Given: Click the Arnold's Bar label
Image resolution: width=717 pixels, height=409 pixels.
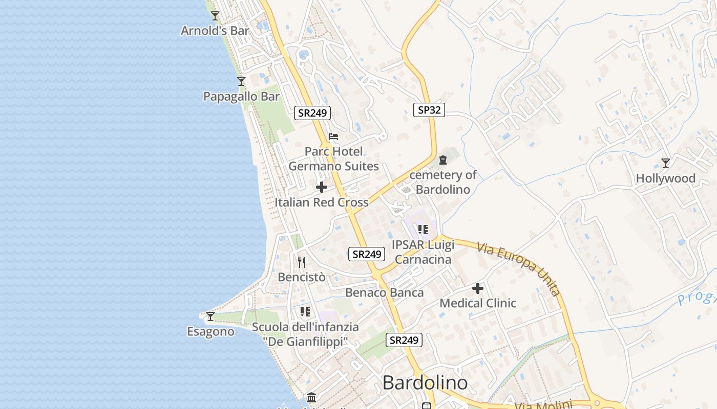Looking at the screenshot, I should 215,31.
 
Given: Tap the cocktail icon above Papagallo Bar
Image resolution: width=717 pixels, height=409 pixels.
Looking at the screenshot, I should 241,81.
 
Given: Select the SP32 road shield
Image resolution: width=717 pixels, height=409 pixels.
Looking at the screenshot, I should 429,109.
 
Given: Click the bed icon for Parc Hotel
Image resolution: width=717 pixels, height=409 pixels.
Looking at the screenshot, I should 333,137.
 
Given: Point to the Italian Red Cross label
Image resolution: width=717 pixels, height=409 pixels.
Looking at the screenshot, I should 322,202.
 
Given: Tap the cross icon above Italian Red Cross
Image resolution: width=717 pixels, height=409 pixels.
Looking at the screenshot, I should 322,187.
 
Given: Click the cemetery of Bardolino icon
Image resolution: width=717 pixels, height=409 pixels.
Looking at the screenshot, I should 443,160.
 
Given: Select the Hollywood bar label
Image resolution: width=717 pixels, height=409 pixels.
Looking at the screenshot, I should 665,178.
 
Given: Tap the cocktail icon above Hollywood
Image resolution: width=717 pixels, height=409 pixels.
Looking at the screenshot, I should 665,163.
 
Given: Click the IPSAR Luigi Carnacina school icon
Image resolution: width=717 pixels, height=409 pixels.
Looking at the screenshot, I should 423,230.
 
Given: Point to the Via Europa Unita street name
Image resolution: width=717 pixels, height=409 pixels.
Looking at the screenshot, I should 518,269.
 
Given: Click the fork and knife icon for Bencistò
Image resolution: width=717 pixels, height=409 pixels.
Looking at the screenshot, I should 302,262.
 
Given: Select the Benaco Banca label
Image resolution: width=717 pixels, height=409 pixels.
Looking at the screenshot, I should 385,292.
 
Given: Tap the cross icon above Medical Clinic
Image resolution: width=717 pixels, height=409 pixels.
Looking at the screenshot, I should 478,288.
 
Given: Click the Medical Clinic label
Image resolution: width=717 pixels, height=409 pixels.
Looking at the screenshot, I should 478,303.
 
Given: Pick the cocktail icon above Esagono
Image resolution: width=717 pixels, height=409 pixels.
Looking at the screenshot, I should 210,316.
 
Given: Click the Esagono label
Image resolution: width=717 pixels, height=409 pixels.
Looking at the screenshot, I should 210,332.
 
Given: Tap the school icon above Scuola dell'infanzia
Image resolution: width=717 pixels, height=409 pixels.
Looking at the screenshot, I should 305,311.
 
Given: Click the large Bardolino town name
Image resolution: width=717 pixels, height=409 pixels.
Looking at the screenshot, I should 425,383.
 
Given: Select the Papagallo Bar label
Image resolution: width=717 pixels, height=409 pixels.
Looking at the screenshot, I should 242,97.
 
